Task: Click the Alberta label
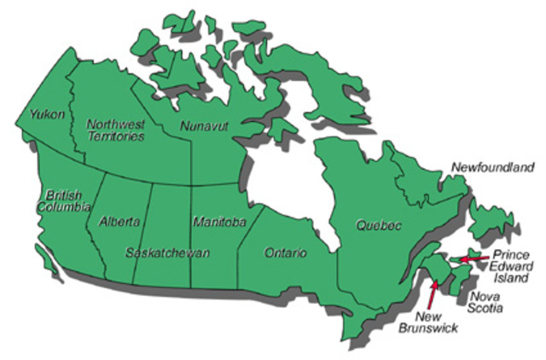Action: tap(119, 222)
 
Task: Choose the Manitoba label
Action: tap(218, 222)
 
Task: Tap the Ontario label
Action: tap(286, 253)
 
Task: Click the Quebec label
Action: tap(378, 225)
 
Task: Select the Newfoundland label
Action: tap(493, 167)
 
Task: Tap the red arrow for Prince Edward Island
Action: tap(469, 258)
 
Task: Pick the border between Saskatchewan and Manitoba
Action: tap(190, 230)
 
